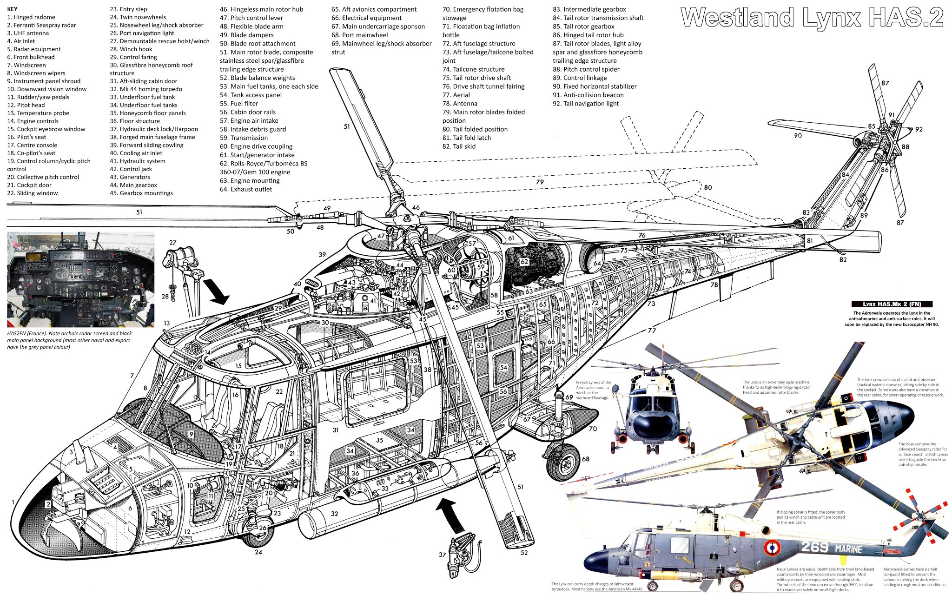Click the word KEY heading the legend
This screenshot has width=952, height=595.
[x=13, y=9]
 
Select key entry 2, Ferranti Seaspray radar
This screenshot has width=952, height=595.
[x=41, y=25]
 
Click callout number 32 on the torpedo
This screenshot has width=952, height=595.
[x=334, y=514]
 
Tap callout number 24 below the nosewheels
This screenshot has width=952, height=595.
[x=258, y=552]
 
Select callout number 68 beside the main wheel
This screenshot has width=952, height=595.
[x=586, y=459]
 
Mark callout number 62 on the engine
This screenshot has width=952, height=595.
[x=524, y=262]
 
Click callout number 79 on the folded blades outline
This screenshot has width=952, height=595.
[x=540, y=182]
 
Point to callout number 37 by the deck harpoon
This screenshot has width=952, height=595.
[x=442, y=555]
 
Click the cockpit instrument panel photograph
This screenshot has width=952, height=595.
[x=80, y=279]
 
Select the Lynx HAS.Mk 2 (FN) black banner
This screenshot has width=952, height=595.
[x=892, y=304]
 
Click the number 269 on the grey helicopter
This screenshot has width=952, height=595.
[x=815, y=547]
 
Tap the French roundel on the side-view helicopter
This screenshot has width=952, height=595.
[x=772, y=548]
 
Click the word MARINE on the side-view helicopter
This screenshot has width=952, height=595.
[x=848, y=549]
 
